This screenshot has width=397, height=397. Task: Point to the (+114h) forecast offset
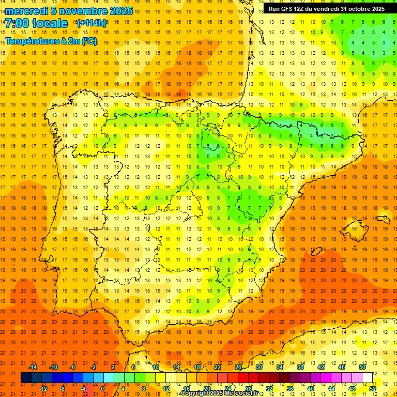[x=91, y=23]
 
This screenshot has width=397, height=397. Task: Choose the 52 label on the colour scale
[x=373, y=389]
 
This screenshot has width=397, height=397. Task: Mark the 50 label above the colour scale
[x=362, y=367]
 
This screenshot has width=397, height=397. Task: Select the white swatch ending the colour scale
[x=368, y=378]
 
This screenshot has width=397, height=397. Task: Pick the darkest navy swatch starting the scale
[x=26, y=378]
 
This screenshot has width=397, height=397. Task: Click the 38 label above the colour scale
[x=300, y=367]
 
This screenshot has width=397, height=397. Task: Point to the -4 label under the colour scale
[x=83, y=389]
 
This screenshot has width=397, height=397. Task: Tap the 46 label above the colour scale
[x=342, y=367]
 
